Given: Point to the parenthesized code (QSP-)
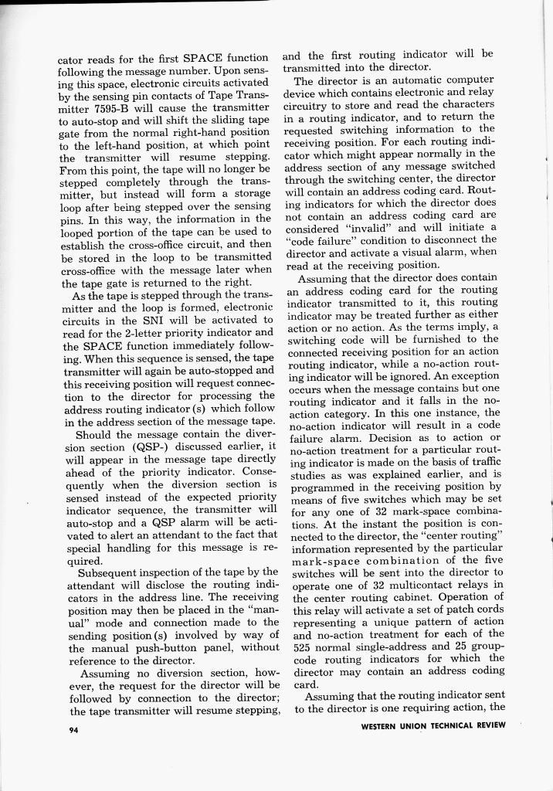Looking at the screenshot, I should point(152,446).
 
